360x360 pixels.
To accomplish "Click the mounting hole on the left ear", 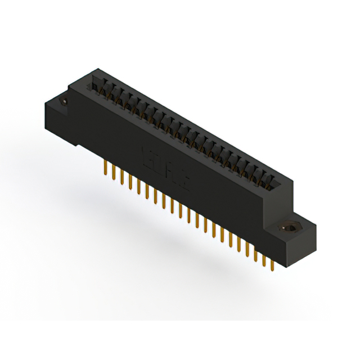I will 63,101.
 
